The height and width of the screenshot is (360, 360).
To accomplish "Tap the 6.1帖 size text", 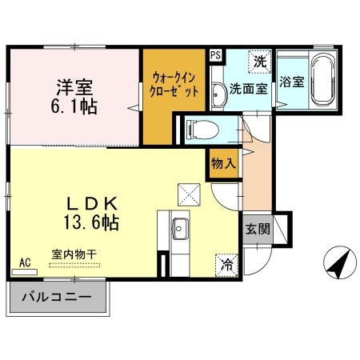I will (x=76, y=105).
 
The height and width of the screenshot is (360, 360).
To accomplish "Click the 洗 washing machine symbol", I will (x=260, y=60).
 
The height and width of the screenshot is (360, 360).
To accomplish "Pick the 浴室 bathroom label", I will (x=292, y=81).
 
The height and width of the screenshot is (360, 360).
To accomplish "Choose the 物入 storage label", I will (x=223, y=163).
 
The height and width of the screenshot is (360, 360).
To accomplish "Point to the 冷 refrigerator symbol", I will (x=227, y=262).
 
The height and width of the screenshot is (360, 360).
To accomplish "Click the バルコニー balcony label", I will (x=58, y=299).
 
